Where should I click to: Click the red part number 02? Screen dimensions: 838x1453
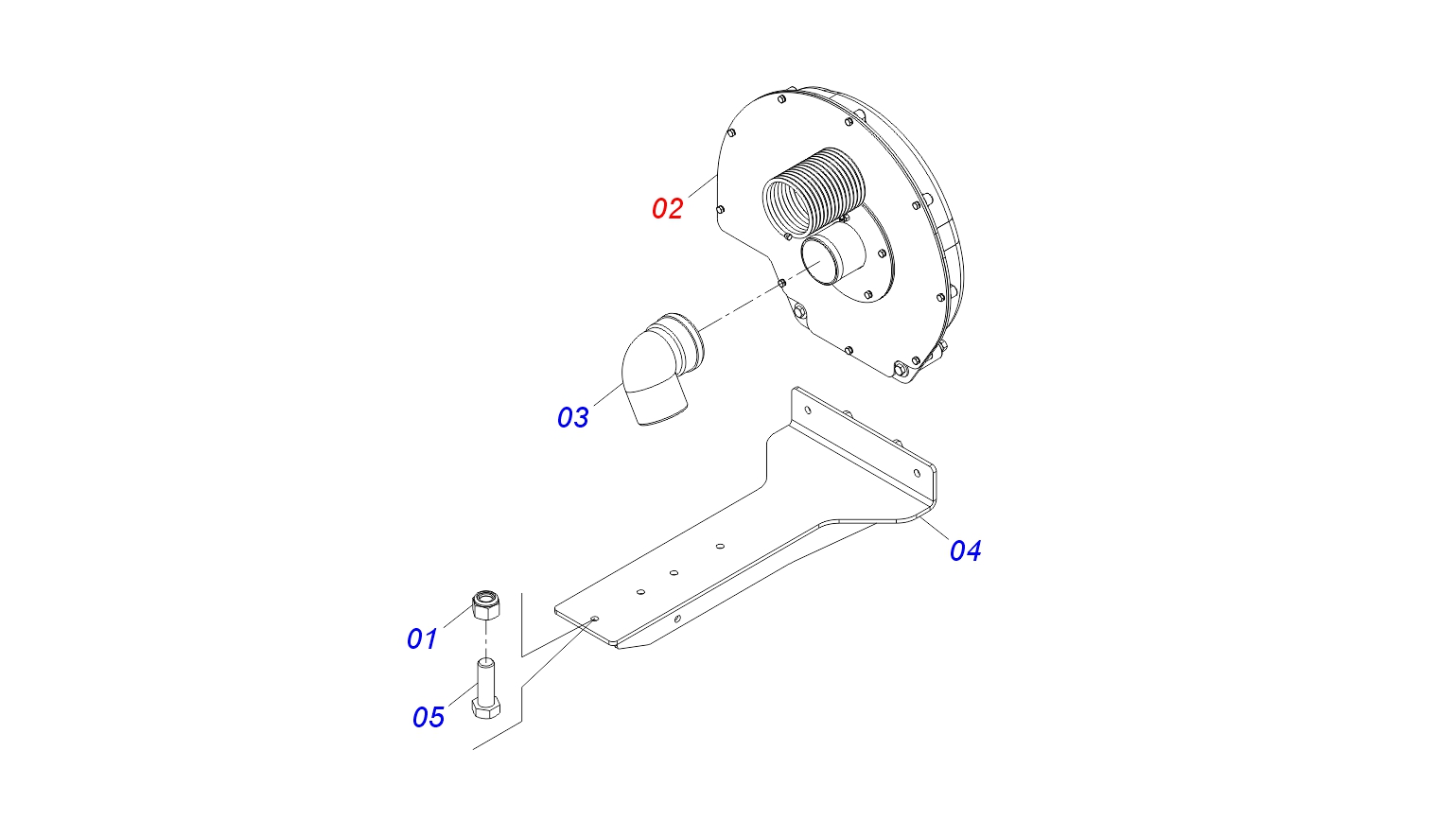(x=667, y=208)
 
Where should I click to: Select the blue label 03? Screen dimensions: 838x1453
(x=572, y=417)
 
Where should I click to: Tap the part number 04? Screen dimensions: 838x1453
(x=965, y=550)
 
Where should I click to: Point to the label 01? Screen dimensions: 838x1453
(x=422, y=639)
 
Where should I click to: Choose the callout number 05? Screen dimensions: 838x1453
(x=428, y=717)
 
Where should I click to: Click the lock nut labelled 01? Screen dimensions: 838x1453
(x=486, y=603)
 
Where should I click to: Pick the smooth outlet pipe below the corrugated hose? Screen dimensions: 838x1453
(x=832, y=259)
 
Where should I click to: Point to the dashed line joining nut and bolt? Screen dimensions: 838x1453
(x=485, y=639)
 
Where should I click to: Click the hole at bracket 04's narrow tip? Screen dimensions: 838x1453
(x=594, y=619)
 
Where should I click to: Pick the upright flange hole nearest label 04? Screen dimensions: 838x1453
(x=916, y=473)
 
